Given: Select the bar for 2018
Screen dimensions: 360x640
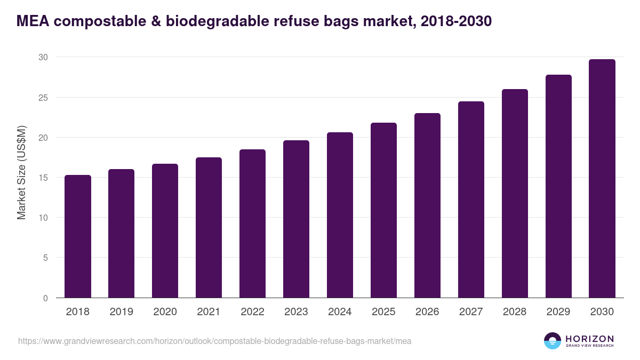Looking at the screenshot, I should pyautogui.click(x=78, y=236).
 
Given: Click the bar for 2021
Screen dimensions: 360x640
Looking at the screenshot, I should pyautogui.click(x=209, y=228).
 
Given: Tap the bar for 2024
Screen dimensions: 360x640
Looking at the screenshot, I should pyautogui.click(x=340, y=215).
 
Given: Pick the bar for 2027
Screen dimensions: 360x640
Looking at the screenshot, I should pyautogui.click(x=471, y=199).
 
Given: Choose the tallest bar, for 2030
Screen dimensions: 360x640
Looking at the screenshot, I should pyautogui.click(x=602, y=179).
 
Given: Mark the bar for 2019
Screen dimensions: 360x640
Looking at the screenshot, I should pyautogui.click(x=121, y=234).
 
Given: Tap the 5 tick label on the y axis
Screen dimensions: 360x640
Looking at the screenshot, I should pyautogui.click(x=45, y=258).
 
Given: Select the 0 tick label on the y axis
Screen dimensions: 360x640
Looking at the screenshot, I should pyautogui.click(x=45, y=298).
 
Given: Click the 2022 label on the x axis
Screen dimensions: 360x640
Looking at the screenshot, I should pyautogui.click(x=252, y=312).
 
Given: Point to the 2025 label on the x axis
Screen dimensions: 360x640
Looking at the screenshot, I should pyautogui.click(x=383, y=312).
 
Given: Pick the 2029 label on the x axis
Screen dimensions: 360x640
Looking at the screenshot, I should pyautogui.click(x=558, y=312).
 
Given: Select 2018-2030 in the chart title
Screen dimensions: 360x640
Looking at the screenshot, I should pyautogui.click(x=456, y=21).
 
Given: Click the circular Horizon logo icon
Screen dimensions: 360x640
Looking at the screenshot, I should pyautogui.click(x=553, y=341).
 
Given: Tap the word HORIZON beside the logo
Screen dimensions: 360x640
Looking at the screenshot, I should pyautogui.click(x=589, y=339).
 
